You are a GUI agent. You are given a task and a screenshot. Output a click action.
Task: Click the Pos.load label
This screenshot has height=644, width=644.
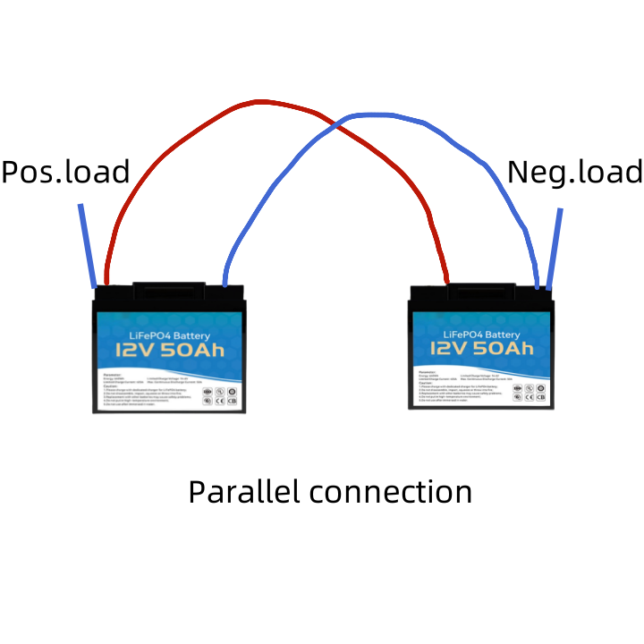[x=65, y=171]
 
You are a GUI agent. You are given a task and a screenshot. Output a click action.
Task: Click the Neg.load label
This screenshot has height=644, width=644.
[x=574, y=171]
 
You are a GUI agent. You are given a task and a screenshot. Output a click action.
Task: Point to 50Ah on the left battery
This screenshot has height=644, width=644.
[x=195, y=352]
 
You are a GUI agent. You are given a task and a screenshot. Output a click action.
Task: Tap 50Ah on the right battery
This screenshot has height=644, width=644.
[x=508, y=348]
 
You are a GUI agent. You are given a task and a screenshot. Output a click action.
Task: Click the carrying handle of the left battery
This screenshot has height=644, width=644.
[x=169, y=291]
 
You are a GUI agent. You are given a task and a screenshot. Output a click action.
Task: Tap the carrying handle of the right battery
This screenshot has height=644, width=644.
[x=480, y=290]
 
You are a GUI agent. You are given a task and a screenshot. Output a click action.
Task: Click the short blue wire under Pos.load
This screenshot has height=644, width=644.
[x=87, y=246]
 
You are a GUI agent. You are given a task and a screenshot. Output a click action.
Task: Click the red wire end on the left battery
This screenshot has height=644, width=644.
[x=107, y=277]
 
